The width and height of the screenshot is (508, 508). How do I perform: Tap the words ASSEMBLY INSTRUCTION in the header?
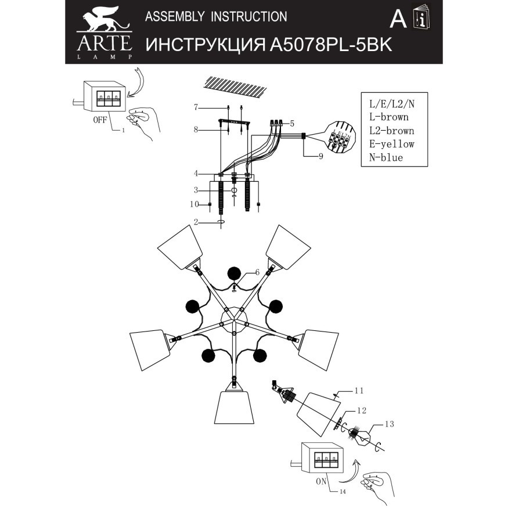point(215,17)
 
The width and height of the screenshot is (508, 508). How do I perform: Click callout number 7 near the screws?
point(196,107)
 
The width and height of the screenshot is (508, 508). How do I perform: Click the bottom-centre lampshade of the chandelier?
point(235,410)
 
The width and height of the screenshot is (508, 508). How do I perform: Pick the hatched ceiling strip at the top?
point(235,86)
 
